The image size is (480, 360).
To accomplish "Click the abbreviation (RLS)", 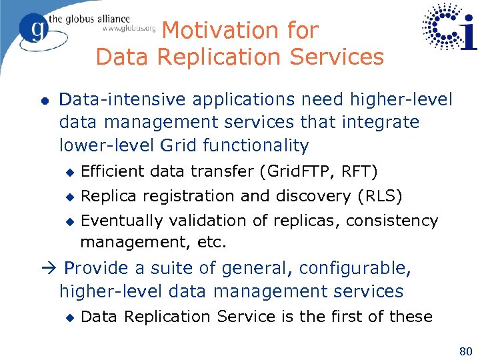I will [x=379, y=196].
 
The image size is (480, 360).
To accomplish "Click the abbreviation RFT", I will [x=359, y=172].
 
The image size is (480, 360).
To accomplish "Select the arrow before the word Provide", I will [x=51, y=268].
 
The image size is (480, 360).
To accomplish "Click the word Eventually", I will [x=123, y=220].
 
